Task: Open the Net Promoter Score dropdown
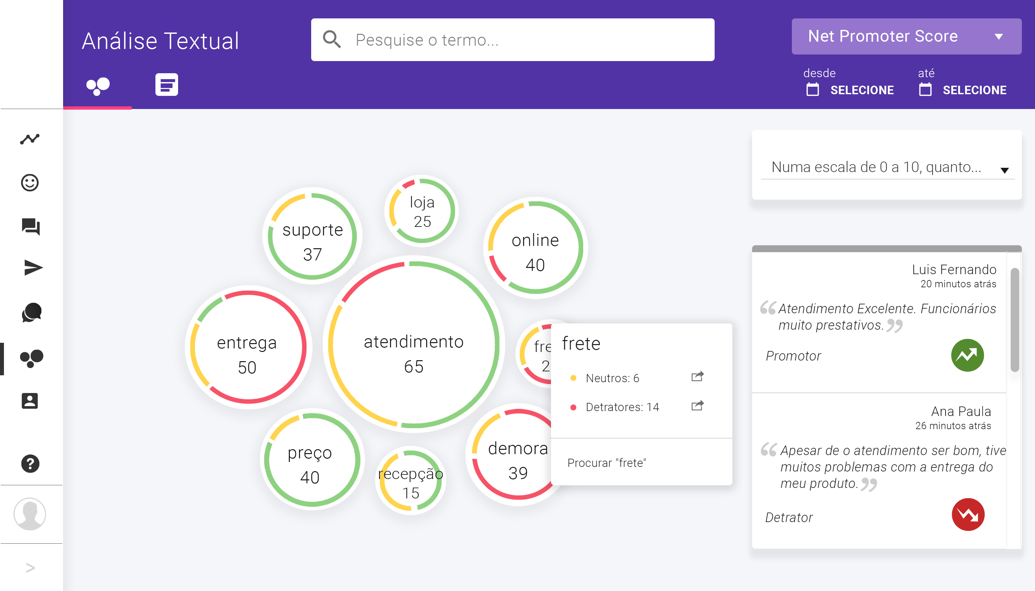tap(906, 36)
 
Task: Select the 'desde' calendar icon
tap(813, 90)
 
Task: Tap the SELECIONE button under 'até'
tap(974, 90)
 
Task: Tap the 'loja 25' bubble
tap(422, 211)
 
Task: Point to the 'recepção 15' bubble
tap(411, 481)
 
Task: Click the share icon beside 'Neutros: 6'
tap(698, 377)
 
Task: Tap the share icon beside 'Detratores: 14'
tap(698, 406)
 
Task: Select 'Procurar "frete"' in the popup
tap(607, 463)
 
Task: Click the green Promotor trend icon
tap(967, 356)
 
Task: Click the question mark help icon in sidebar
tap(30, 464)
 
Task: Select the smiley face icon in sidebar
tap(30, 183)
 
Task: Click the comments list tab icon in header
tap(167, 85)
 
